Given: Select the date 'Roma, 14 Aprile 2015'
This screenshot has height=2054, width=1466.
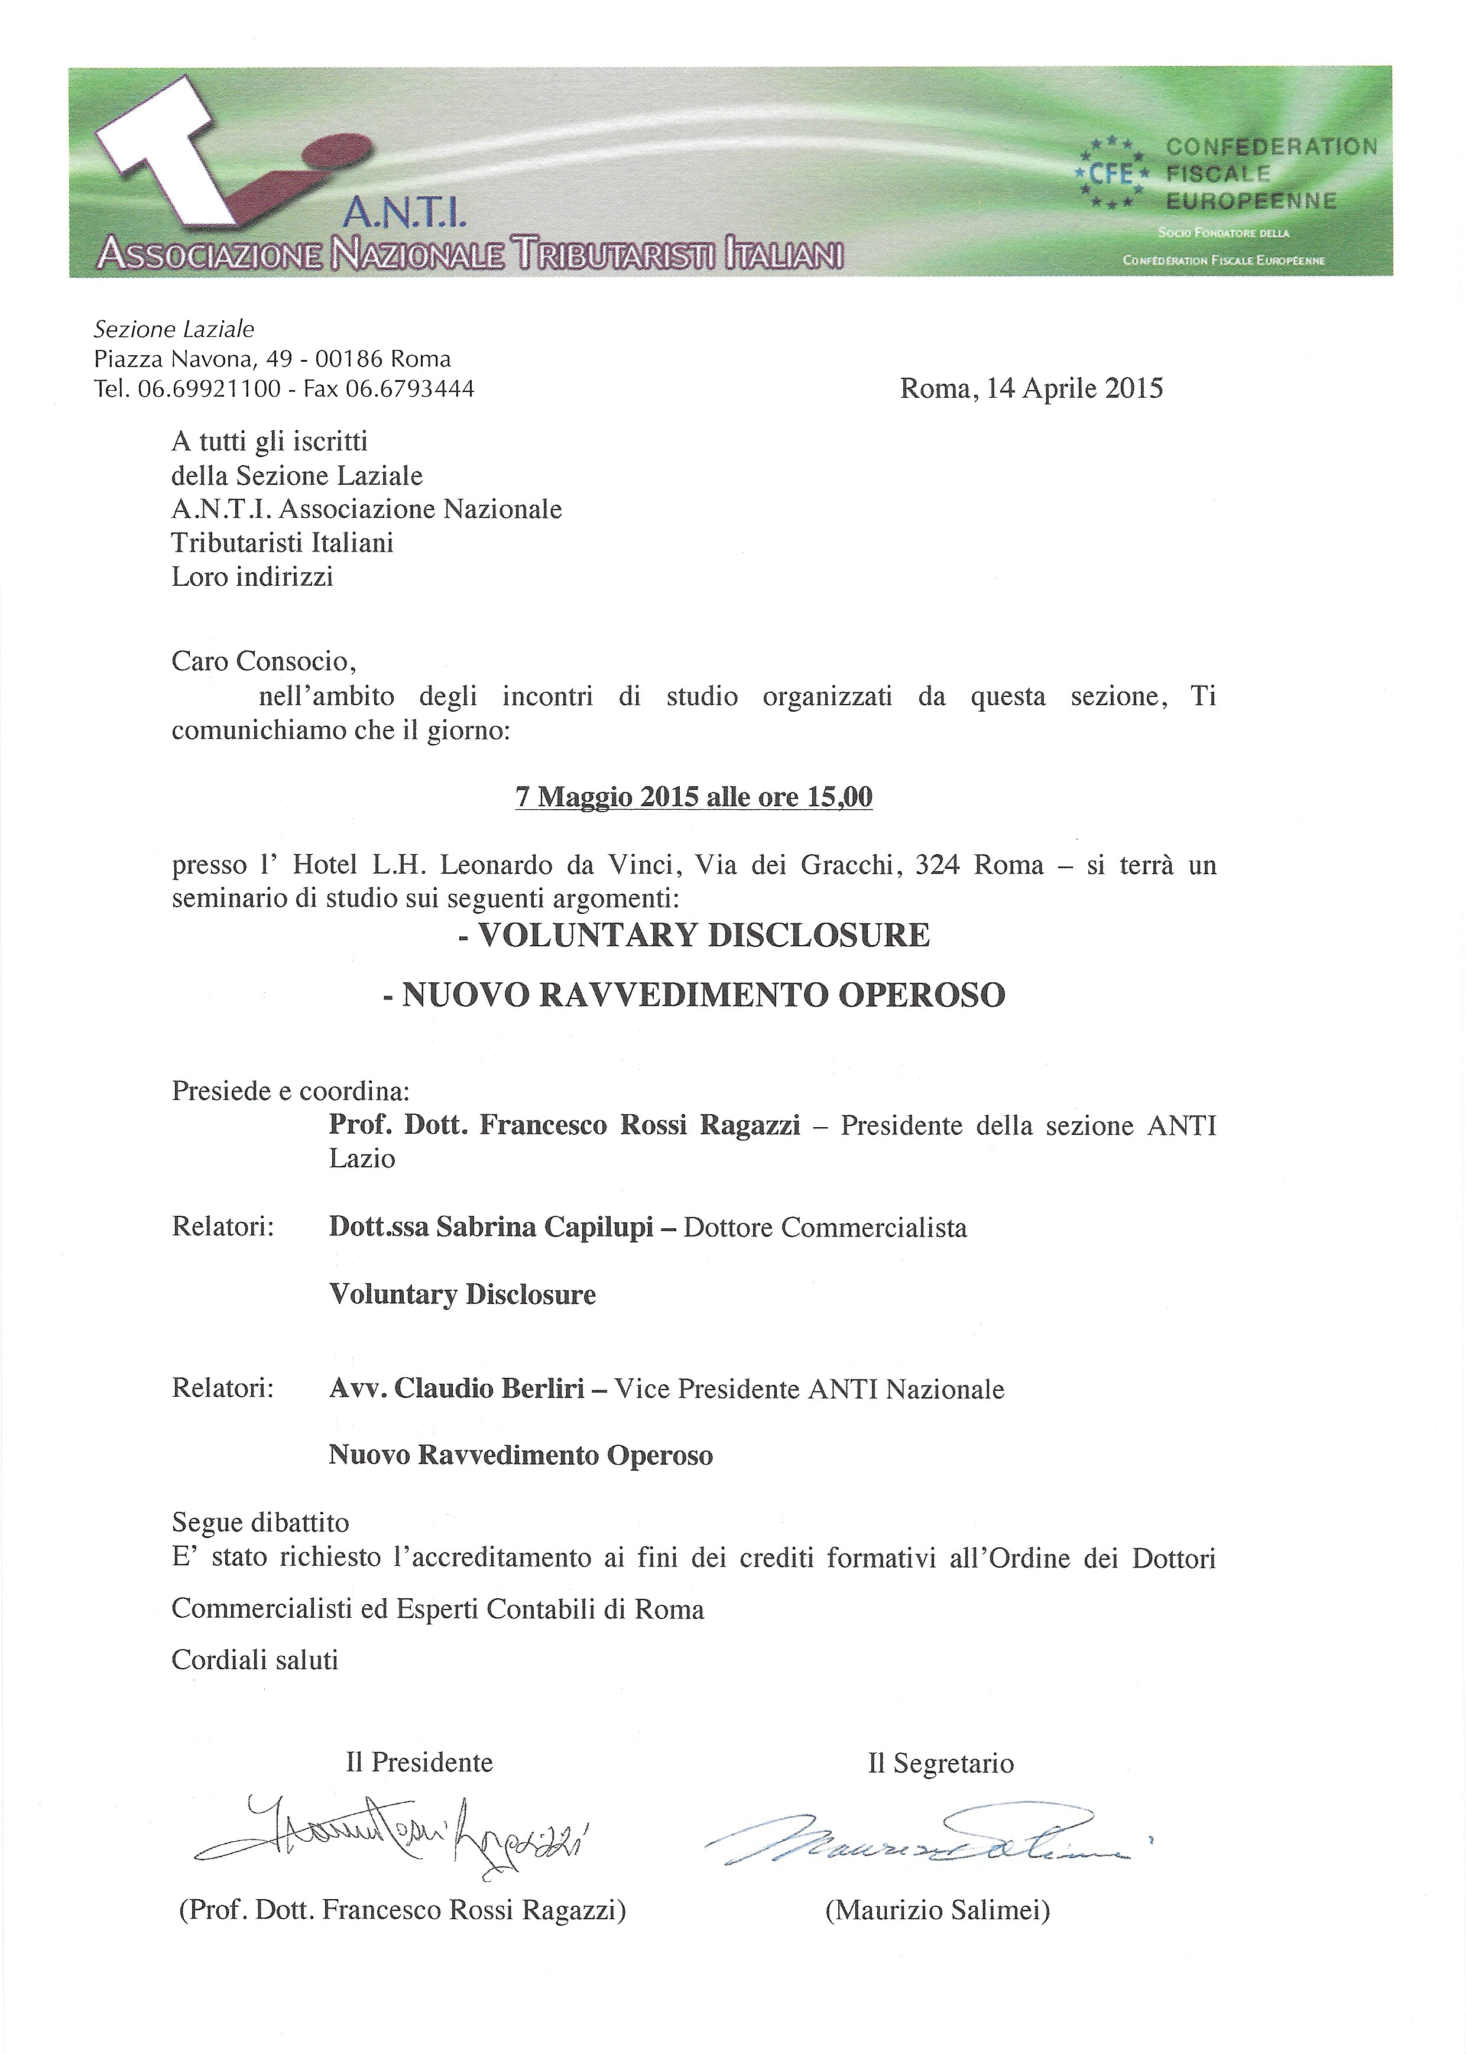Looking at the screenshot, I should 1031,388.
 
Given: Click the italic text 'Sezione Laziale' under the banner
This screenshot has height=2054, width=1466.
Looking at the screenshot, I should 174,329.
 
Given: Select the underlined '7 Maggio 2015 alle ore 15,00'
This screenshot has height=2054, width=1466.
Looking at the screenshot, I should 693,797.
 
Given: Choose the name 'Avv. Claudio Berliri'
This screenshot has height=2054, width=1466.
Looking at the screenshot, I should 457,1389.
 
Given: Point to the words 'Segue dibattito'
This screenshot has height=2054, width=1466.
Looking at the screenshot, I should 260,1523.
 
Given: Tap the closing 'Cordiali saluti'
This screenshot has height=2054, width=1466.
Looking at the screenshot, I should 255,1660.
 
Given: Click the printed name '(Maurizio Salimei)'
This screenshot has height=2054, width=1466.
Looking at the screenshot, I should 937,1910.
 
